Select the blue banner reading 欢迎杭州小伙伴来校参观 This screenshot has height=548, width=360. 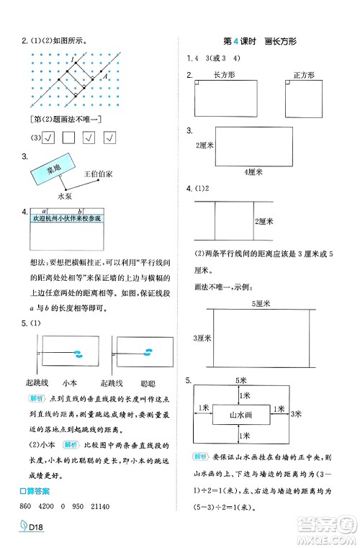[x=67, y=218]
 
